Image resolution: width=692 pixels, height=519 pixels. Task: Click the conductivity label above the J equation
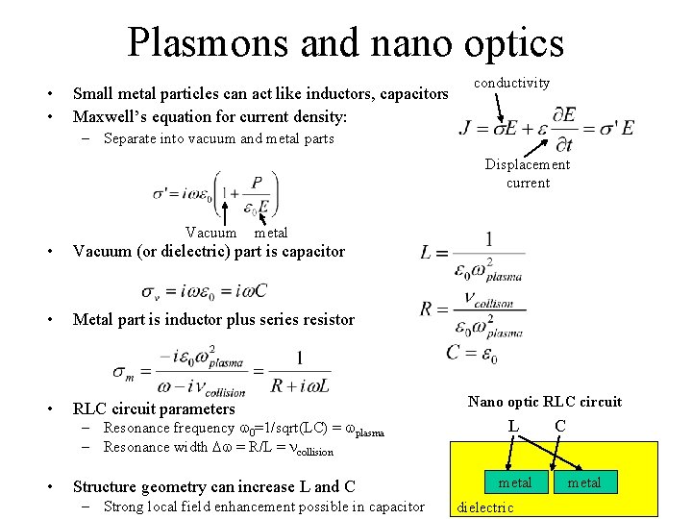tap(513, 83)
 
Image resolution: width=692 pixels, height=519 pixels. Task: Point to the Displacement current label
tap(528, 173)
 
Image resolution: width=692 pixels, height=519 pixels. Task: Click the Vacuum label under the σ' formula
tap(210, 233)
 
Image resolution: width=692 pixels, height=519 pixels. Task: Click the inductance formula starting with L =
tap(472, 254)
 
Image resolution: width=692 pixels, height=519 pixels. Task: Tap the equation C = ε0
tap(472, 353)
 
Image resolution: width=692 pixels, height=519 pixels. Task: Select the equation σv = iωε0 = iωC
tap(205, 290)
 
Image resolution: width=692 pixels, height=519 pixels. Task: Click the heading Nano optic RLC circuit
tap(545, 402)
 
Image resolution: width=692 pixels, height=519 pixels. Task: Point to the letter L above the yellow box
tap(514, 424)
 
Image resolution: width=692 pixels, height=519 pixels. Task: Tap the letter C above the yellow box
tap(560, 424)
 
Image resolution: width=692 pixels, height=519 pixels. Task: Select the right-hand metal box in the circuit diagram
tap(584, 482)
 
